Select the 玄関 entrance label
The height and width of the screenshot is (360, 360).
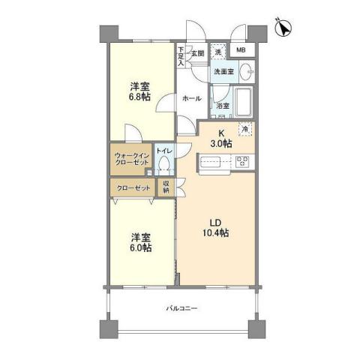[196, 53]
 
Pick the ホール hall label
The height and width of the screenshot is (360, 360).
[191, 97]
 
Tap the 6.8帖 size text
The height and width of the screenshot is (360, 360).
[139, 97]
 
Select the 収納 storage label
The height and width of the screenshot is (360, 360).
[166, 187]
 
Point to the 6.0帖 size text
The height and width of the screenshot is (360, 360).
[140, 247]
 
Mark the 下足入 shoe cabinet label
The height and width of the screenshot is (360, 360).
[181, 57]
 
